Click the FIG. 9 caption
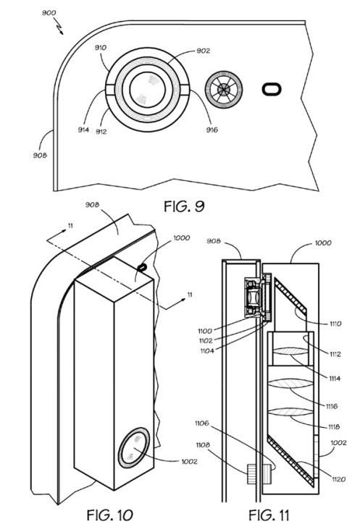(x=184, y=206)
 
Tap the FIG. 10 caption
(x=109, y=515)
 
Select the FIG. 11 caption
(x=269, y=515)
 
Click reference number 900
(x=49, y=13)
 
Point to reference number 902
(x=204, y=51)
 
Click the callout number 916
(x=212, y=130)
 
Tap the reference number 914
(x=83, y=130)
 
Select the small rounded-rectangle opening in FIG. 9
(x=272, y=89)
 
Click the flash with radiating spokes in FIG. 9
(x=224, y=90)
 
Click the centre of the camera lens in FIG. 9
(x=147, y=90)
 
